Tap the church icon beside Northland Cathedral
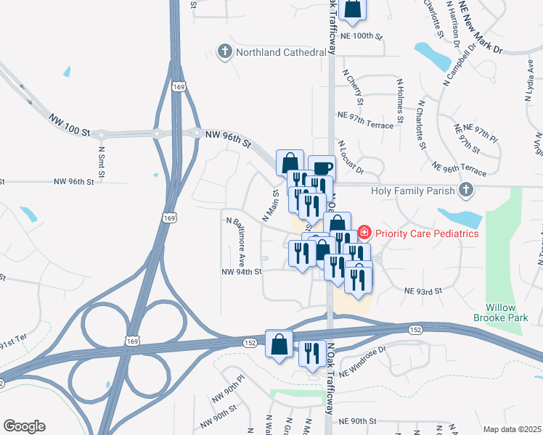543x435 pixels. coord(225,51)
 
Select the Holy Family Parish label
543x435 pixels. coord(412,191)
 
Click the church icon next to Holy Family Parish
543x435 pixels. coord(466,191)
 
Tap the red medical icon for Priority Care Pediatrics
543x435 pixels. coord(364,233)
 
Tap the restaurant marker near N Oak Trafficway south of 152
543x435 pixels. coord(312,354)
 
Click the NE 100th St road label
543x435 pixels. coord(360,35)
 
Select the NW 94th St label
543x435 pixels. coord(241,272)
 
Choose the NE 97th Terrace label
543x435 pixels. coord(365,120)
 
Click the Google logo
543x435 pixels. coord(24,426)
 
